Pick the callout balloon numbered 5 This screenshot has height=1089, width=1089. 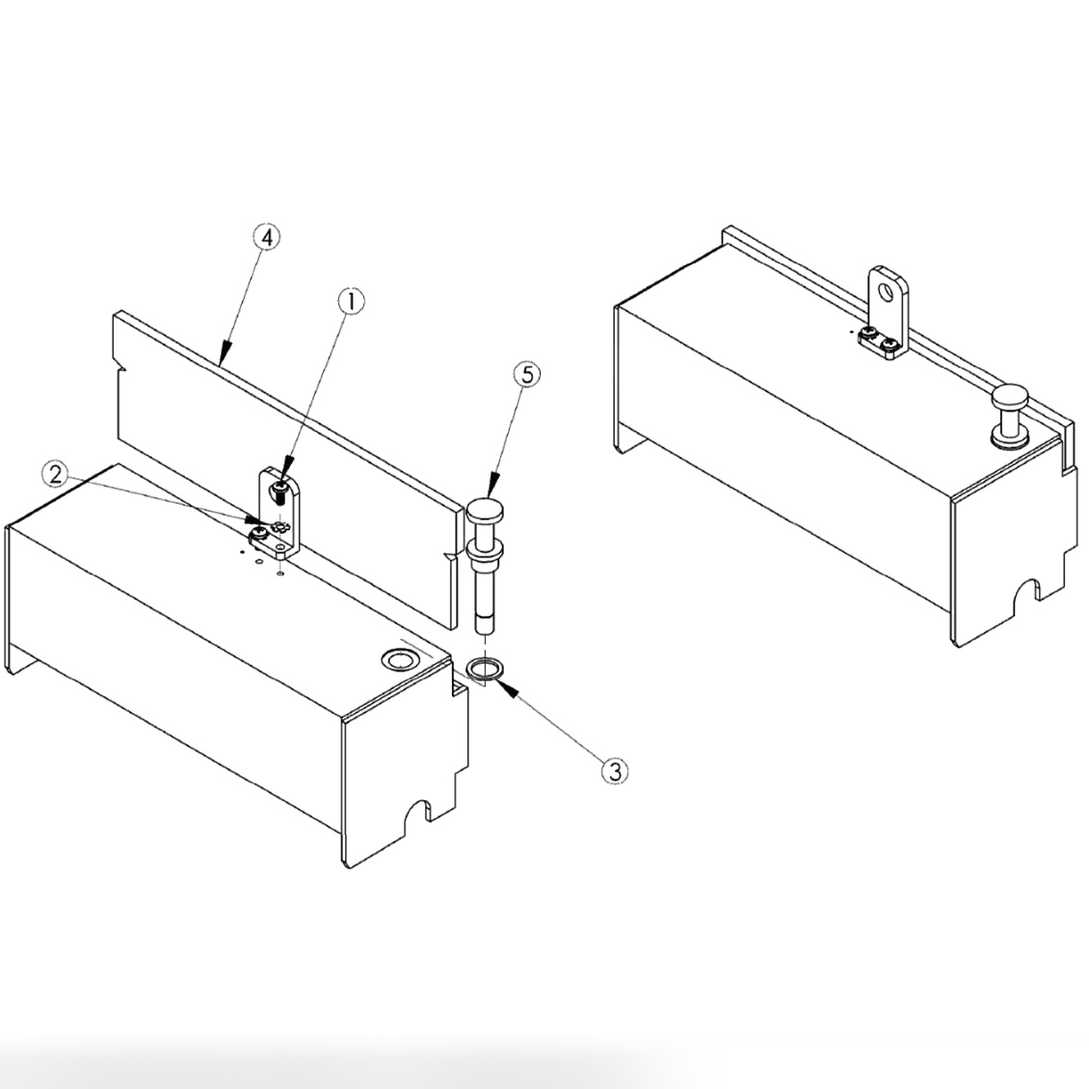(x=525, y=375)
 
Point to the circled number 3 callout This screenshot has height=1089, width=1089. (x=615, y=770)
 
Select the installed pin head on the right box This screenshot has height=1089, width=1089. (x=1010, y=396)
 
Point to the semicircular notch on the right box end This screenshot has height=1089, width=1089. (x=1034, y=589)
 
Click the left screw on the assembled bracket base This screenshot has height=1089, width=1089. (x=869, y=334)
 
